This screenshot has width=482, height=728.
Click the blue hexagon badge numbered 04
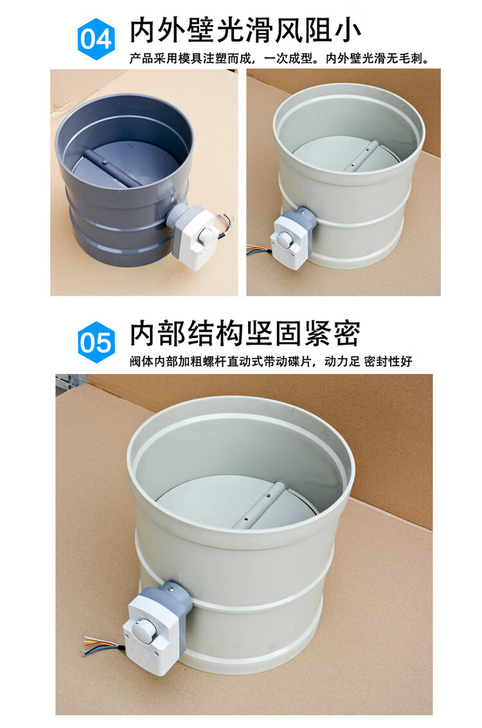tap(96, 39)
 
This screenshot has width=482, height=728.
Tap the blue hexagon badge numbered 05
tap(96, 342)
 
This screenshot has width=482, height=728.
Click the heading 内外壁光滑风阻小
tap(245, 31)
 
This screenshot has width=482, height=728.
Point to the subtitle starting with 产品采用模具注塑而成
tap(280, 58)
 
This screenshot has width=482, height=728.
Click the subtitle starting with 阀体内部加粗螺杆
tap(271, 361)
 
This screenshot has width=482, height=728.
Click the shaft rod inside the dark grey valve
tap(113, 168)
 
